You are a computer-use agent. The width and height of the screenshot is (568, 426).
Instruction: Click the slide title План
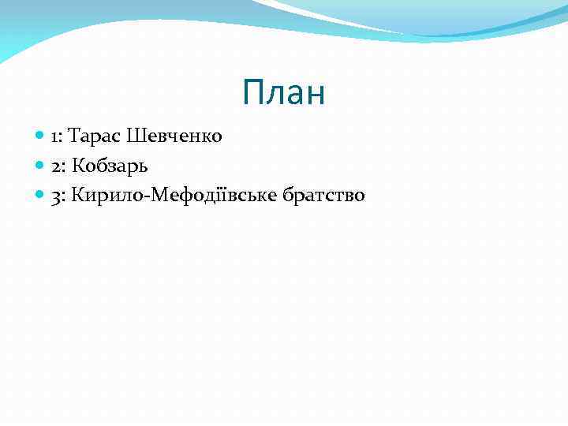click(284, 93)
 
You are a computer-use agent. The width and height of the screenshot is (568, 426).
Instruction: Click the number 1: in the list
click(57, 136)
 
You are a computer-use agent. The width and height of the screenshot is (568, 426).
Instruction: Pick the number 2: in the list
click(58, 166)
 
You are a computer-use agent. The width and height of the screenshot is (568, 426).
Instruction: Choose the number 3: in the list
click(58, 195)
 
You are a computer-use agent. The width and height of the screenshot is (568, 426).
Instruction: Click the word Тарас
click(89, 136)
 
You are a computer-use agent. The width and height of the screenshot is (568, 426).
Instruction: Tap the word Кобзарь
click(110, 166)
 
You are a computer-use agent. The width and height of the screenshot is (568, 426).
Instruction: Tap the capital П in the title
click(253, 93)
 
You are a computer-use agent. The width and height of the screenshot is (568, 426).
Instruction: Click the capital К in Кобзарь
click(79, 166)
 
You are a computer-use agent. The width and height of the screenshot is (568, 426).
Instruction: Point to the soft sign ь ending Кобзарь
click(143, 166)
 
